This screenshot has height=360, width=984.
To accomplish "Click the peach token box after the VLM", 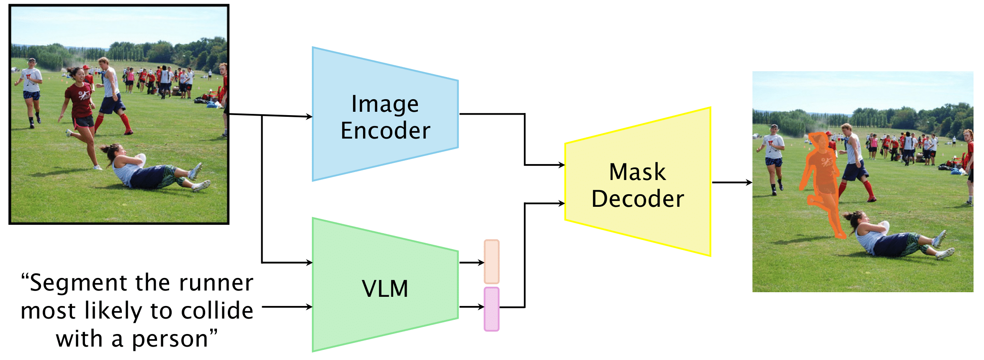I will (492, 262).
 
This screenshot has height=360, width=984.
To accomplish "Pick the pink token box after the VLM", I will (492, 309).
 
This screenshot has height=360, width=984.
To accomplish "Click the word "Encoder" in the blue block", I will (385, 131).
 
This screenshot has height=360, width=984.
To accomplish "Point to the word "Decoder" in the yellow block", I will (637, 199).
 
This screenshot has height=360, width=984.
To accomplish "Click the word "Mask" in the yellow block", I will (637, 172).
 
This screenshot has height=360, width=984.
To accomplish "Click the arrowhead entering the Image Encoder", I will (309, 117).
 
